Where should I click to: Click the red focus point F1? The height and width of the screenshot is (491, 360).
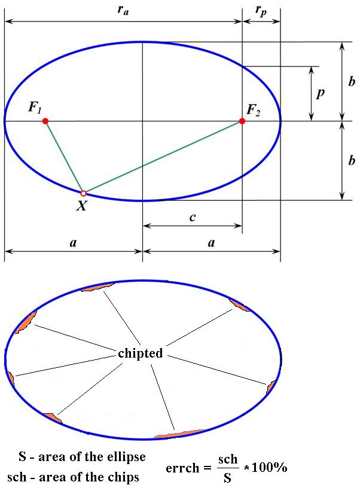click(x=45, y=121)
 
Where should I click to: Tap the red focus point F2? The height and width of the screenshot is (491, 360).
click(x=242, y=121)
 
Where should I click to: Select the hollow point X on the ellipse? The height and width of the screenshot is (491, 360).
click(x=83, y=193)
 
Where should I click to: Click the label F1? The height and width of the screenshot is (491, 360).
click(x=35, y=108)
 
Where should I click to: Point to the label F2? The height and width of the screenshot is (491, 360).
click(x=253, y=110)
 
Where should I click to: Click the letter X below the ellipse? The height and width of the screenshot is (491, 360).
click(x=82, y=206)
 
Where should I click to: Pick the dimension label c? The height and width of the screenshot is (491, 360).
click(x=193, y=216)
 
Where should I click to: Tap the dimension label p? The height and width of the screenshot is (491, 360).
click(x=321, y=93)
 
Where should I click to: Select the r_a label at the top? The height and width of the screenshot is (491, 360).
click(x=123, y=10)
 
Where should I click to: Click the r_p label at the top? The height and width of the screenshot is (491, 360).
click(x=261, y=11)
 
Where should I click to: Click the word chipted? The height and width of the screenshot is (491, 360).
click(x=141, y=353)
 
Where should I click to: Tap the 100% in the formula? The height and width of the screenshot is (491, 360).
click(x=269, y=468)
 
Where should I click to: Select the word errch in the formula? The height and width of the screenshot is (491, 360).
click(x=182, y=468)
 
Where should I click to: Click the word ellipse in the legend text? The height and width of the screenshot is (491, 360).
click(x=126, y=457)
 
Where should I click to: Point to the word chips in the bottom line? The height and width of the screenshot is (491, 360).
click(x=123, y=477)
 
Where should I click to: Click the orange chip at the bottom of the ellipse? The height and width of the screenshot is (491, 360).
click(x=180, y=434)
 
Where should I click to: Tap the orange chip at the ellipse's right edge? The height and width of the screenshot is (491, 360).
click(x=271, y=387)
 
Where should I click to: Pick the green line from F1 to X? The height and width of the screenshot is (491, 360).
click(x=64, y=157)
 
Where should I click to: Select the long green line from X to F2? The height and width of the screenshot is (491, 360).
click(x=163, y=157)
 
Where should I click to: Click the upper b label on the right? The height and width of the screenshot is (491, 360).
click(x=352, y=81)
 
